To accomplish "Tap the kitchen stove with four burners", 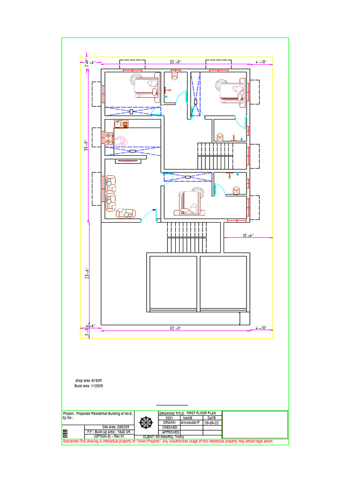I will coord(109,139).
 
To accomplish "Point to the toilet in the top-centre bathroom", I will coord(175,75).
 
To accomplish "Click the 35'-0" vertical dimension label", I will coord(86,146).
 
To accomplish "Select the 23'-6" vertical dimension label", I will coord(86,273).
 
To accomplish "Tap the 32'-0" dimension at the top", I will coord(175,61).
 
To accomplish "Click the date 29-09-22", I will coord(212,422).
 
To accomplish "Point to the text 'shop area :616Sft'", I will coord(89,380).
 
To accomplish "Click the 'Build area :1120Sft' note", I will coord(89,386).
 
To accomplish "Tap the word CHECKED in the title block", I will coord(169,427).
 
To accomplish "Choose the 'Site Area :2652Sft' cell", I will coord(115,427).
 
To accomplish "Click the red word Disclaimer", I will coord(71,442).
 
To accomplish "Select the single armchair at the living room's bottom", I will coord(126,213).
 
